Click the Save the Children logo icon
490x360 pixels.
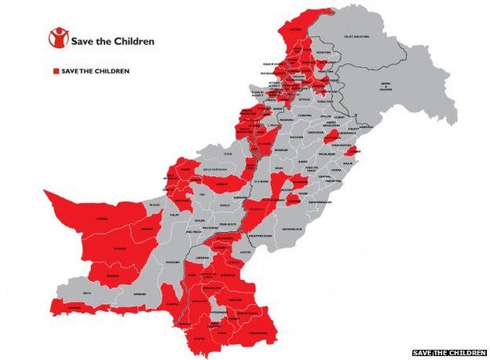point(57,37)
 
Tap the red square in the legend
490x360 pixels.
point(55,71)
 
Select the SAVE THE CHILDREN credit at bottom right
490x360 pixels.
point(449,353)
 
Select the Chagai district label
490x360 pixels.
point(101,219)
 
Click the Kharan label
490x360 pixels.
point(146,230)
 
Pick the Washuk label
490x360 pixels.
point(120,248)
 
